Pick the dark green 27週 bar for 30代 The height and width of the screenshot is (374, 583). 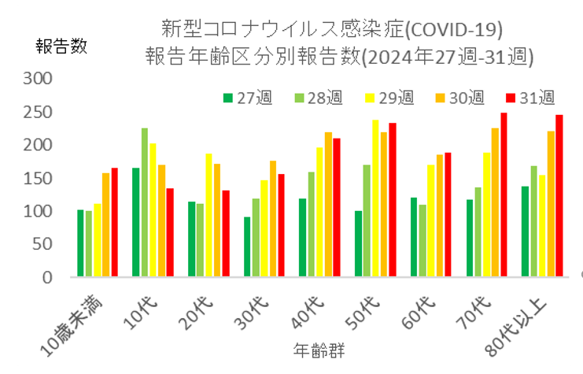pyautogui.click(x=247, y=247)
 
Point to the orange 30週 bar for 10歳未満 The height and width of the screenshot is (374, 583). pyautogui.click(x=105, y=225)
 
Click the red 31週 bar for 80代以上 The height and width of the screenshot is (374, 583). pyautogui.click(x=559, y=196)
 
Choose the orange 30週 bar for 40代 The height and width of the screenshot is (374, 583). pyautogui.click(x=328, y=205)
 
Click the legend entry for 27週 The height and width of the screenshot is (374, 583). pyautogui.click(x=243, y=98)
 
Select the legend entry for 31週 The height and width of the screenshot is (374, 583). pyautogui.click(x=530, y=98)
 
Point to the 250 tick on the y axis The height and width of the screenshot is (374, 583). pyautogui.click(x=39, y=112)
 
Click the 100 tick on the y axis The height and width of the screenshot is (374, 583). pyautogui.click(x=39, y=211)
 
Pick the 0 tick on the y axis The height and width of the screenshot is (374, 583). pyautogui.click(x=46, y=277)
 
